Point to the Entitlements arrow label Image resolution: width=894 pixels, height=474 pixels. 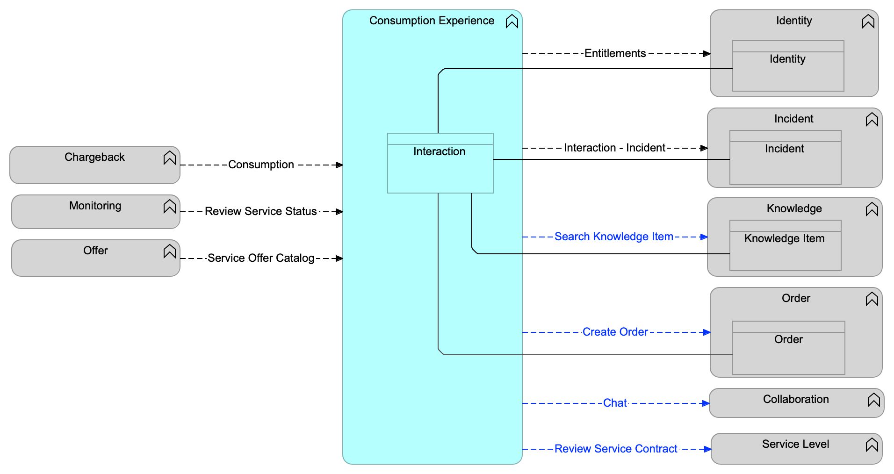615,54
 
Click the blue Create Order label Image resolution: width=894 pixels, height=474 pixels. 615,332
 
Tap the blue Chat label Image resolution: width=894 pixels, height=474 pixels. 615,403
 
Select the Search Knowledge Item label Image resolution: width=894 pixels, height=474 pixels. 613,237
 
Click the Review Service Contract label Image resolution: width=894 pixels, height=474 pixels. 615,449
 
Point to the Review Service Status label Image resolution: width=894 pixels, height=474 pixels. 260,212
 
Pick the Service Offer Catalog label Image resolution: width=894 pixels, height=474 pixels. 260,259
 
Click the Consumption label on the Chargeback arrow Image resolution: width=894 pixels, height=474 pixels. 261,165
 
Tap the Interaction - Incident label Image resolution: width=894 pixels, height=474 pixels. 614,148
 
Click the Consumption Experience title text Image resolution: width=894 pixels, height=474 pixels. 432,21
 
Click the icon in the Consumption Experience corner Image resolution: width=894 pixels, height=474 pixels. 512,22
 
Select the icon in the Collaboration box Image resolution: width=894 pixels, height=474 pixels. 873,400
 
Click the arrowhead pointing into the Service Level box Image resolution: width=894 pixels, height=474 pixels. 707,449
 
